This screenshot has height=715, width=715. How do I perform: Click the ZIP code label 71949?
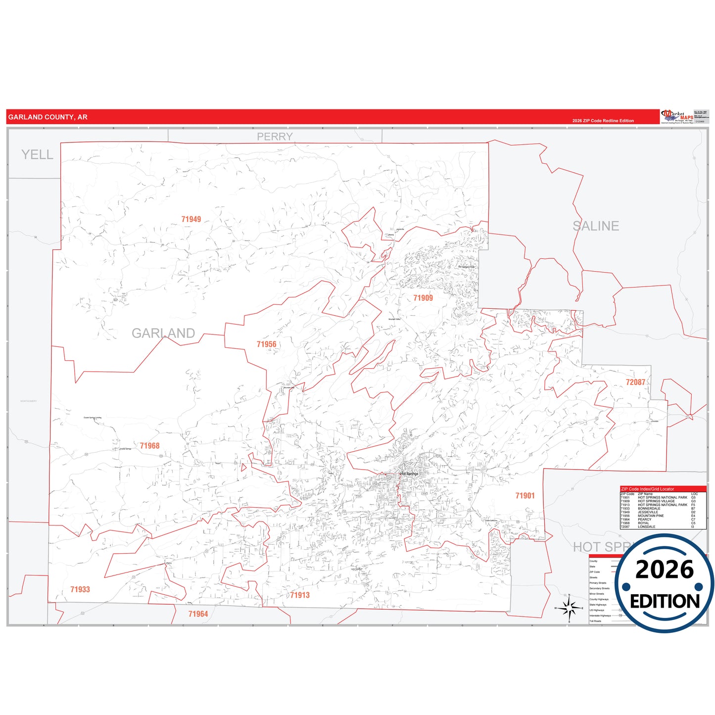191,219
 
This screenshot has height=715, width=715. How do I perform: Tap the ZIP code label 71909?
423,298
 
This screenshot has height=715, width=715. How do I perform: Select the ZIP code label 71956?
266,344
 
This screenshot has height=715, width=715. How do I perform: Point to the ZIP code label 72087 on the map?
635,382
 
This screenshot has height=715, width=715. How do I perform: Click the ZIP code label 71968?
149,446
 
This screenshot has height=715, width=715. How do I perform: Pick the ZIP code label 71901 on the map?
525,496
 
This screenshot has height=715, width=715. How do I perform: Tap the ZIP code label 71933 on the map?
80,589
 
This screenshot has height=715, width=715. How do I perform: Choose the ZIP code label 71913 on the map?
300,595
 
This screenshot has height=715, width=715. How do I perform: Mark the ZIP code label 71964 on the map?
198,614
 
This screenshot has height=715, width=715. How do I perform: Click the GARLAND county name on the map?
163,334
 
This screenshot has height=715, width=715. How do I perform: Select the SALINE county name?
596,226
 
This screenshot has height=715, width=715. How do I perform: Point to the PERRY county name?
275,137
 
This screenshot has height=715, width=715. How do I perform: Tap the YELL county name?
37,155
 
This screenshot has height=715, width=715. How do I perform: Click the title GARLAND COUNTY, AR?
48,117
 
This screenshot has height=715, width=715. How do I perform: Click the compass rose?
569,608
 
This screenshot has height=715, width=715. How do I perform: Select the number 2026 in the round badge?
664,570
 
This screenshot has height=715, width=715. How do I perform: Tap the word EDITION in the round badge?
665,601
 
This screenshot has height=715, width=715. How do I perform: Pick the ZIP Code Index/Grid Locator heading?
647,489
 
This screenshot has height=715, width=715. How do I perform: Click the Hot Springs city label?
409,474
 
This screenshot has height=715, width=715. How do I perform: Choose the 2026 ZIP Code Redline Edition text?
603,121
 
